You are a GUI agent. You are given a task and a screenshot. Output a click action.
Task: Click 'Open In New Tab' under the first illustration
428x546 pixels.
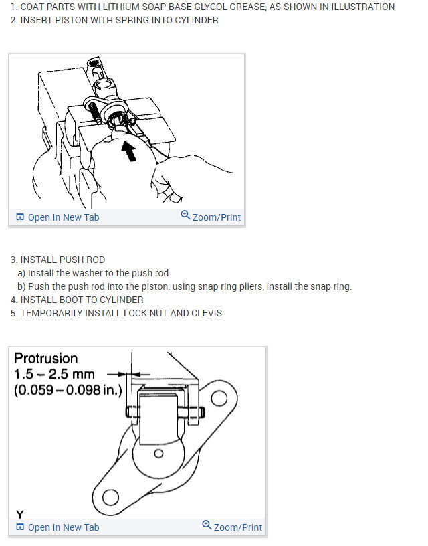pyautogui.click(x=63, y=217)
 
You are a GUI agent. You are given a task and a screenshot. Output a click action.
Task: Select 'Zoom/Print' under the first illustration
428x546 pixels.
pyautogui.click(x=216, y=217)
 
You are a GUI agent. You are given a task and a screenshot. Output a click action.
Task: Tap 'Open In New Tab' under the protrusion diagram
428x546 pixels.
pyautogui.click(x=63, y=527)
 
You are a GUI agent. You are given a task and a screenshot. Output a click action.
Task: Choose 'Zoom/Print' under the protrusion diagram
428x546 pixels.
pyautogui.click(x=237, y=527)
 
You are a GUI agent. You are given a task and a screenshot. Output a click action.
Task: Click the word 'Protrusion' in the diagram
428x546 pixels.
pyautogui.click(x=45, y=359)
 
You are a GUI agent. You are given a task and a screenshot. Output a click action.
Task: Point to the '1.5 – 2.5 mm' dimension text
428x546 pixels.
pyautogui.click(x=54, y=374)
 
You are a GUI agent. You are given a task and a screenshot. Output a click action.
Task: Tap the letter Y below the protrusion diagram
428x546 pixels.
pyautogui.click(x=19, y=514)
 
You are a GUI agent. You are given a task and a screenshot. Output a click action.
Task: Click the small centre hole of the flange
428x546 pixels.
pyautogui.click(x=159, y=453)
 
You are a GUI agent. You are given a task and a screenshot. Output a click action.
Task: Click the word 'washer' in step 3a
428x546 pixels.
pyautogui.click(x=89, y=273)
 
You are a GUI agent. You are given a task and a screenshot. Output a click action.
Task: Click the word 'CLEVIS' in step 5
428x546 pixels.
pyautogui.click(x=206, y=313)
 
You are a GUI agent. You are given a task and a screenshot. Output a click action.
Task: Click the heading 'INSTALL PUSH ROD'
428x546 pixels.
pyautogui.click(x=62, y=260)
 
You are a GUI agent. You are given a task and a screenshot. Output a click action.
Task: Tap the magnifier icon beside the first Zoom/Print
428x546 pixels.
pyautogui.click(x=185, y=216)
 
